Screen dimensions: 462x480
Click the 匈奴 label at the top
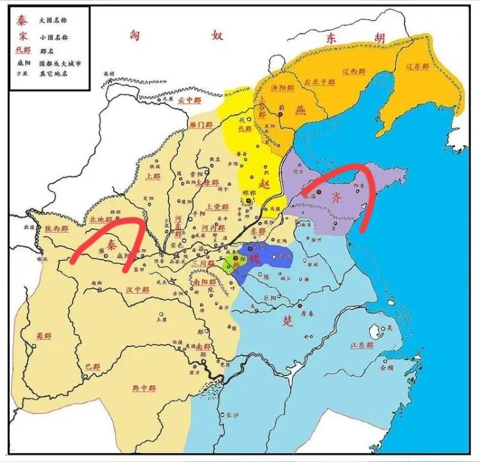[173, 36]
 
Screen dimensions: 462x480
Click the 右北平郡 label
[320, 82]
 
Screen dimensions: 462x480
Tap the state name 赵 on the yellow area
[264, 183]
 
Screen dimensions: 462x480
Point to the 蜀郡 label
[44, 335]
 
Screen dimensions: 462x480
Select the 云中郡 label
[189, 100]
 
